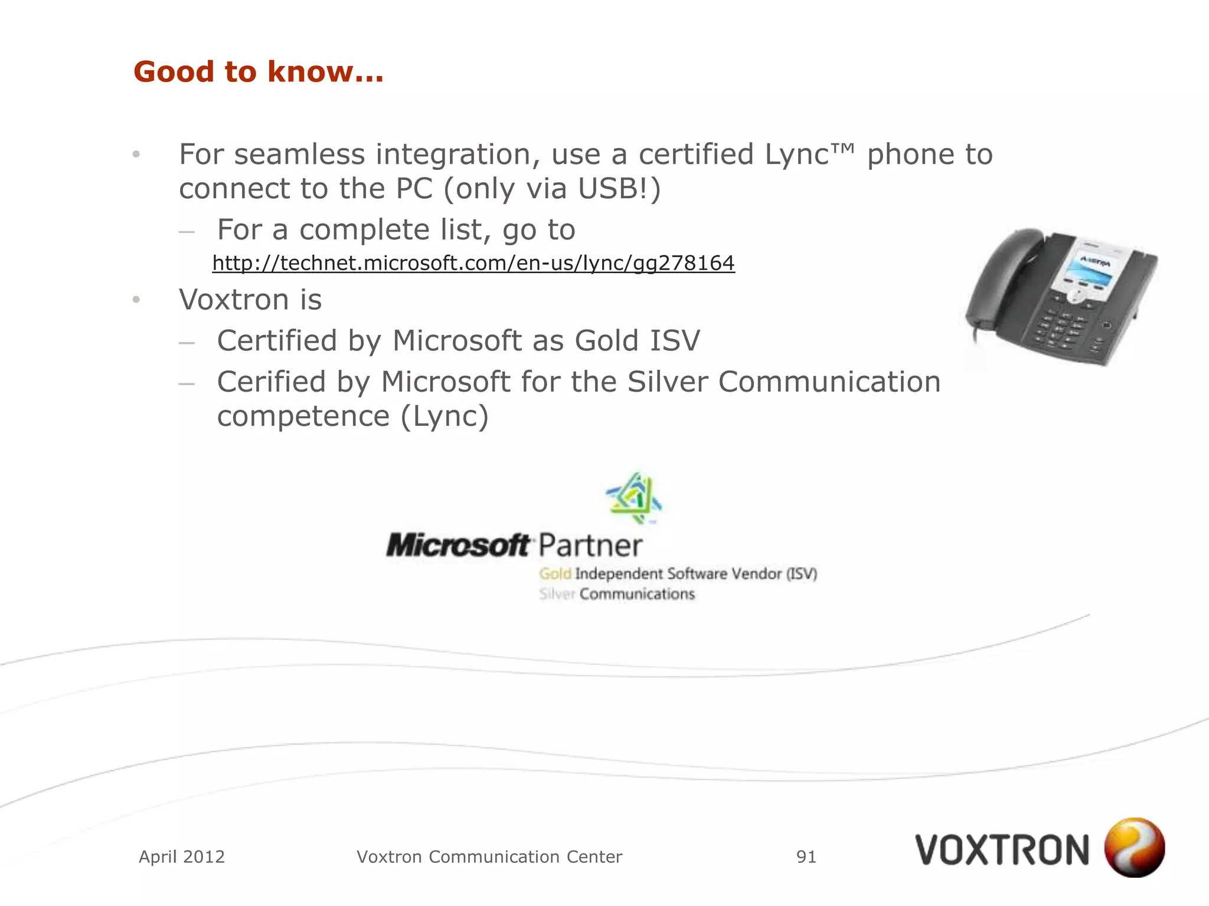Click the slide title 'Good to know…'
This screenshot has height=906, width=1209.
pyautogui.click(x=258, y=72)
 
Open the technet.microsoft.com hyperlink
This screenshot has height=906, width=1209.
pyautogui.click(x=473, y=263)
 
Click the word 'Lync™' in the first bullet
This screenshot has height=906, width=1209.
pyautogui.click(x=809, y=155)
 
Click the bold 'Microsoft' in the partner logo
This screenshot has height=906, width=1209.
pyautogui.click(x=458, y=545)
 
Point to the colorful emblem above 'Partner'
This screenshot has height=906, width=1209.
pyautogui.click(x=633, y=498)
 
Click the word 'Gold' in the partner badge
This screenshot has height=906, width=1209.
pyautogui.click(x=555, y=574)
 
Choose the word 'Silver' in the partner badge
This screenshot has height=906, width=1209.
pyautogui.click(x=556, y=594)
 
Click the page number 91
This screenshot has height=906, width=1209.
pyautogui.click(x=806, y=856)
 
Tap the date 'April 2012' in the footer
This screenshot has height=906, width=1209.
pyautogui.click(x=182, y=856)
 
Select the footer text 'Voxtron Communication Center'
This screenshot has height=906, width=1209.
pyautogui.click(x=489, y=856)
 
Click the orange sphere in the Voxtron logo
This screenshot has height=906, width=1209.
pyautogui.click(x=1134, y=847)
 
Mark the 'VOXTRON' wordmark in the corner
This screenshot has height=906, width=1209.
pyautogui.click(x=1002, y=850)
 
